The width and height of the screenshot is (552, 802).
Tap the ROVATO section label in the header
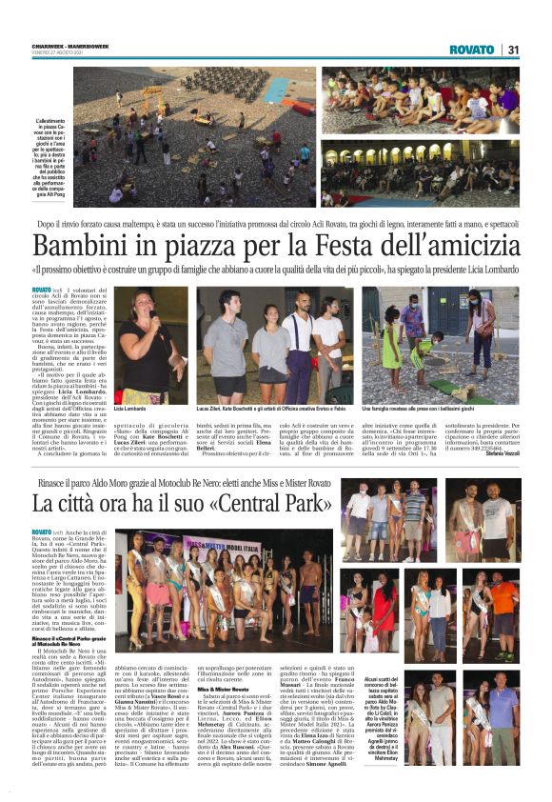pos(473,50)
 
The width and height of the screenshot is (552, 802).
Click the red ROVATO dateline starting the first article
pos(41,289)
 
